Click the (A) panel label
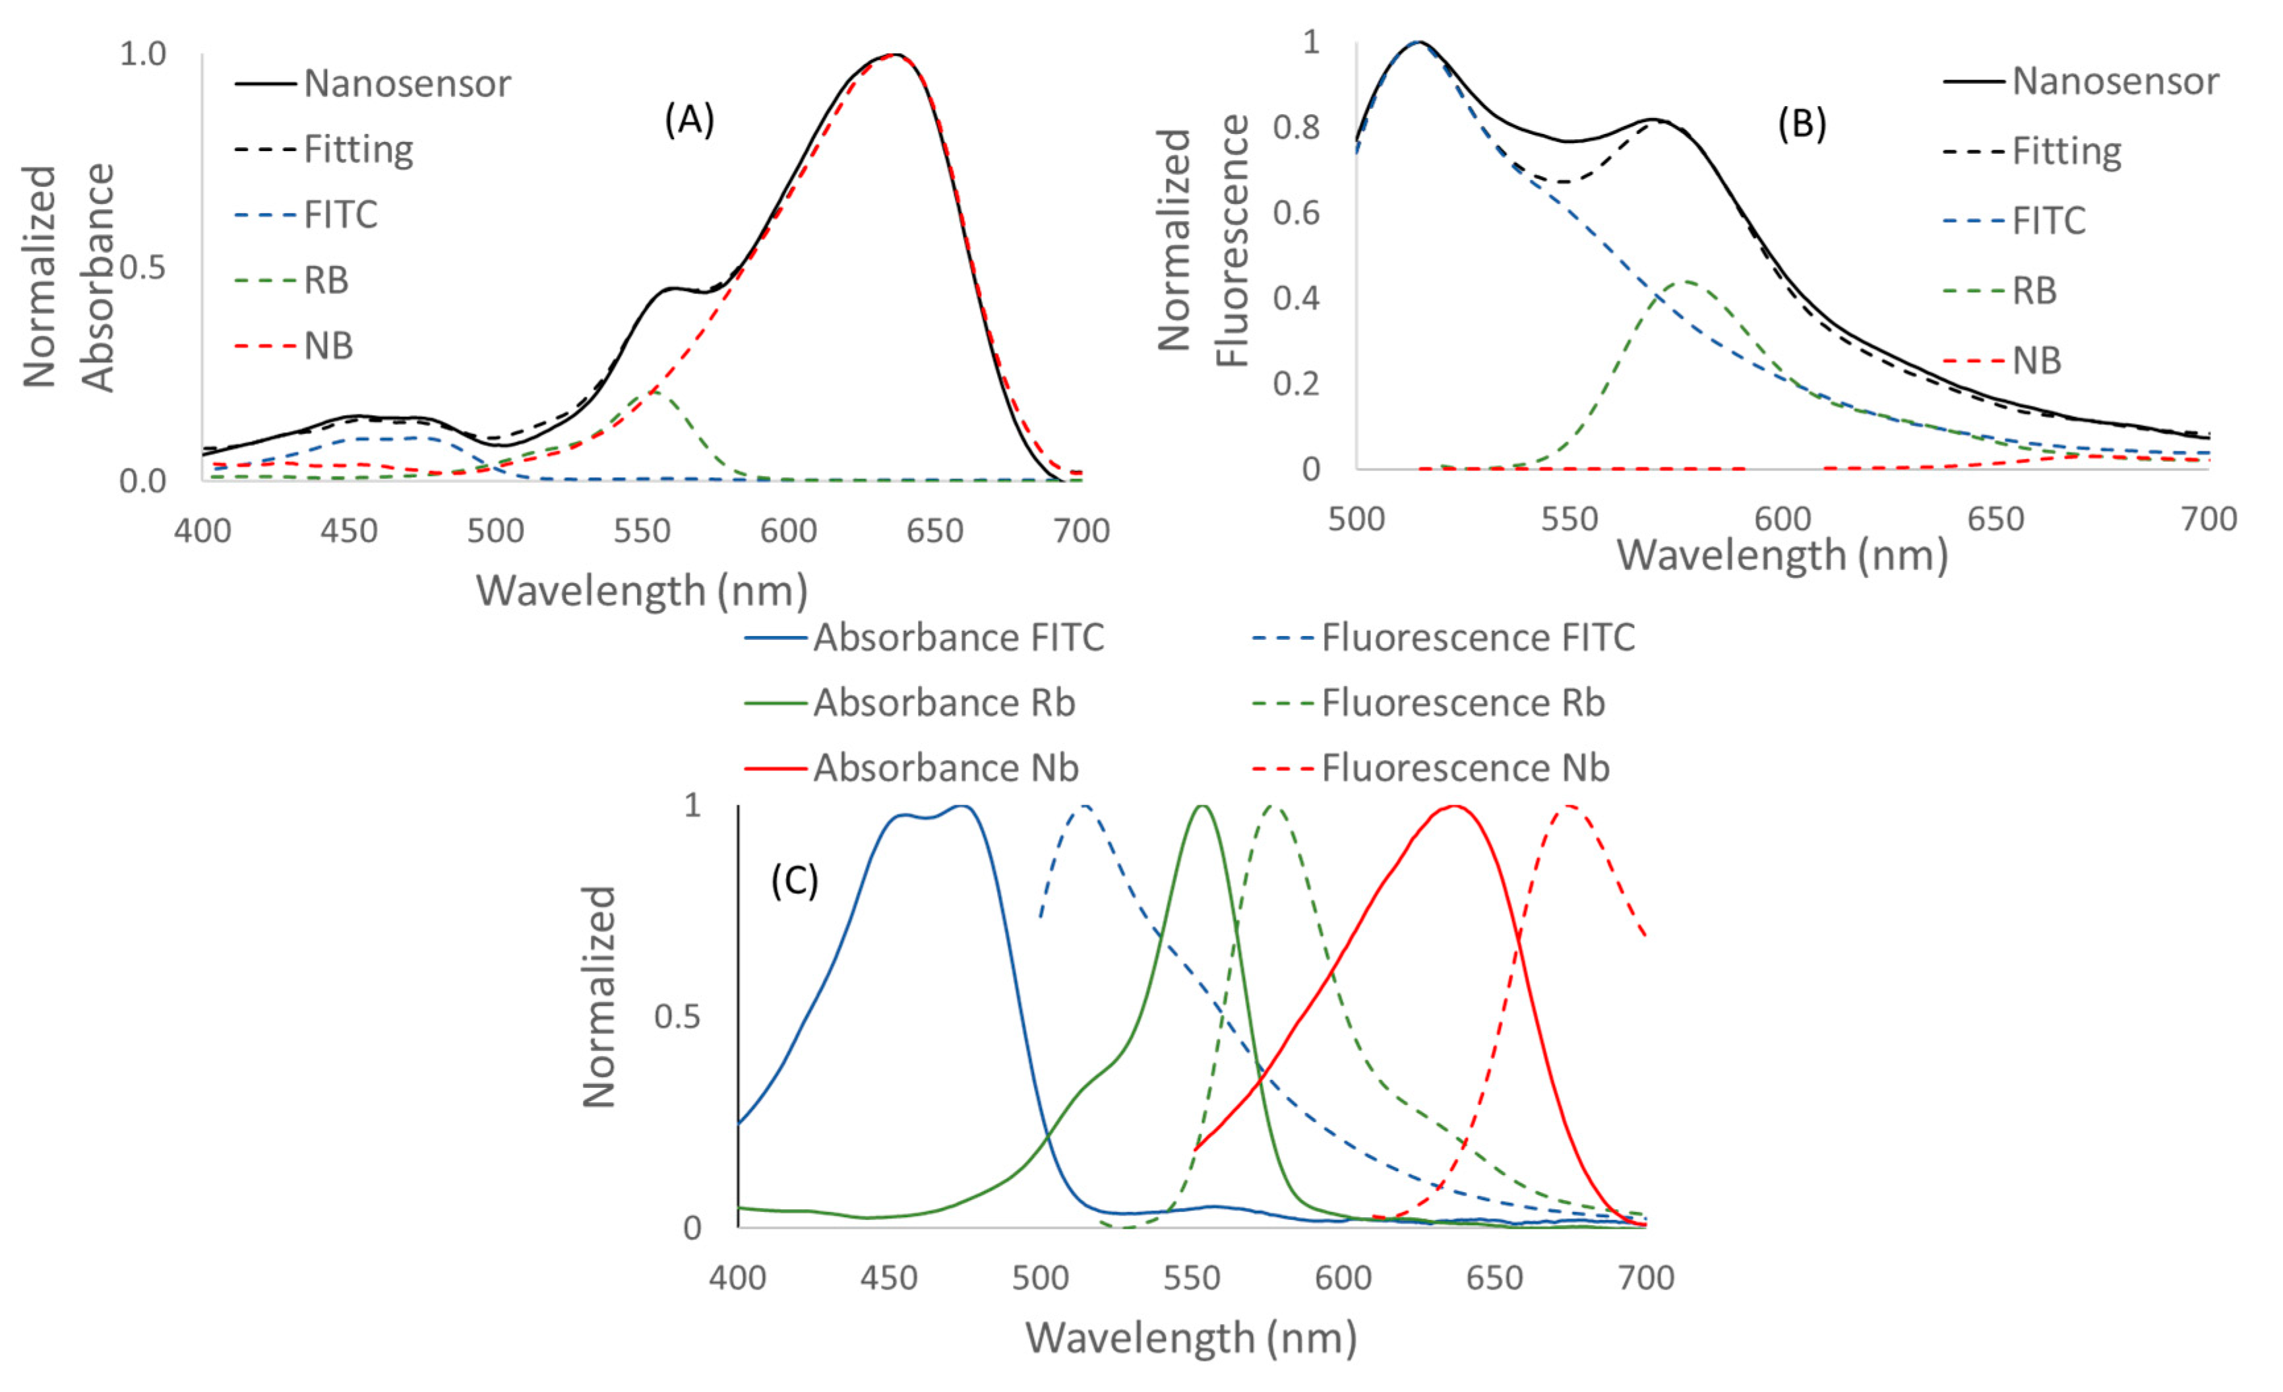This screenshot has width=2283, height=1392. (689, 121)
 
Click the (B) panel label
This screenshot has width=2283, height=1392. (1801, 123)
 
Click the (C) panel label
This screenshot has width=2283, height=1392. (794, 881)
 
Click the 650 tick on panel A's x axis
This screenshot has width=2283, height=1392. (935, 531)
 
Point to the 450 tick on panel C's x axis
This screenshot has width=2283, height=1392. (888, 1278)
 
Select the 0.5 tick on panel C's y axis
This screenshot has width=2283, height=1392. (677, 1017)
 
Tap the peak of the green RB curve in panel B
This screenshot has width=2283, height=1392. (1688, 282)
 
